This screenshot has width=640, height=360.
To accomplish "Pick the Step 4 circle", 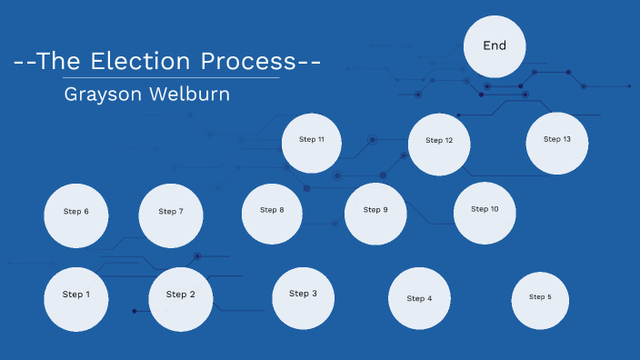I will (419, 298).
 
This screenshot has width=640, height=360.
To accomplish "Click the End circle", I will (495, 46).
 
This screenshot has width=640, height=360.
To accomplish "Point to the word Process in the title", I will (248, 62).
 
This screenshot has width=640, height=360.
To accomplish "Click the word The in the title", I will (57, 62).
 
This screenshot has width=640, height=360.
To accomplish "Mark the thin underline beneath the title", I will (172, 78).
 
